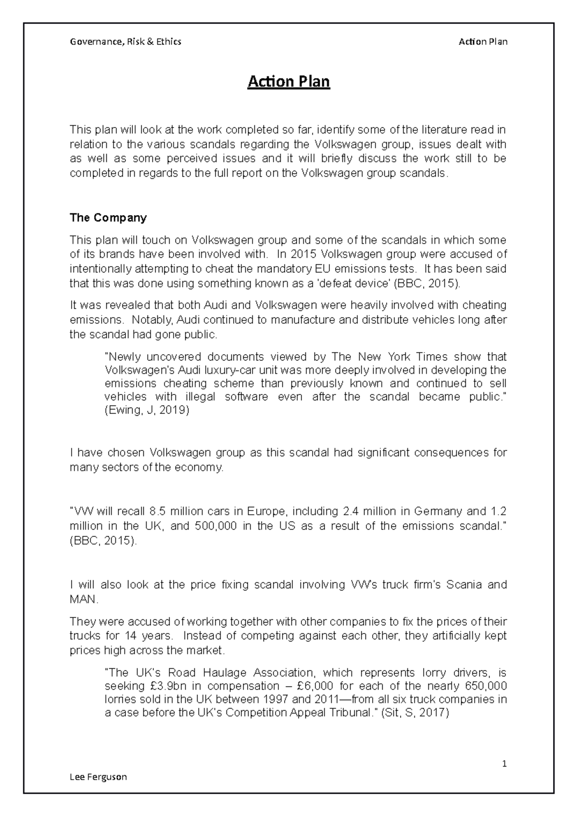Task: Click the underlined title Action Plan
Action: (288, 82)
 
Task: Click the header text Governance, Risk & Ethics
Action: (125, 41)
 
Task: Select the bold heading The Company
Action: (108, 217)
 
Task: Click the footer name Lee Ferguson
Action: (98, 777)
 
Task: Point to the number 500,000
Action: (216, 526)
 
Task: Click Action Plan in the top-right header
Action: (483, 41)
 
